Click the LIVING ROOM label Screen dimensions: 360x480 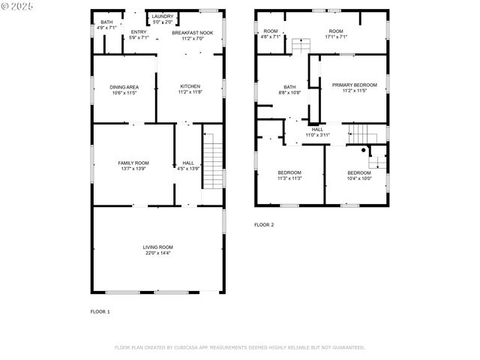(x=158, y=247)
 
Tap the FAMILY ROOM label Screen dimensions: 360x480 (x=133, y=163)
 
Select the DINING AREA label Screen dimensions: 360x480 (x=124, y=87)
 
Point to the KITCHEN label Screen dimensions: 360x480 (x=189, y=87)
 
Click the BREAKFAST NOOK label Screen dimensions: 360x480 (x=193, y=33)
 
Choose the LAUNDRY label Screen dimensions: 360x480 (x=162, y=16)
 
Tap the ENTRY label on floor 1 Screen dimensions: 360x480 (x=139, y=31)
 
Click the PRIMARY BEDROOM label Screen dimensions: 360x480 (x=354, y=85)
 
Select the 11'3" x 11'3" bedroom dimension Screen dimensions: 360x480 (x=289, y=178)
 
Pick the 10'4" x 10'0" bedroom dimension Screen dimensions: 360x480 (x=358, y=178)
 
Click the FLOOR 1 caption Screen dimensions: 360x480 (x=100, y=311)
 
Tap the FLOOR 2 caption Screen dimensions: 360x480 (x=264, y=225)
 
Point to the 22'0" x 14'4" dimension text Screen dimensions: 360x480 (x=158, y=253)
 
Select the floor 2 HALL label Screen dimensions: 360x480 (x=317, y=129)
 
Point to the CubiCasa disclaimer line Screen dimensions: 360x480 (x=239, y=347)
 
